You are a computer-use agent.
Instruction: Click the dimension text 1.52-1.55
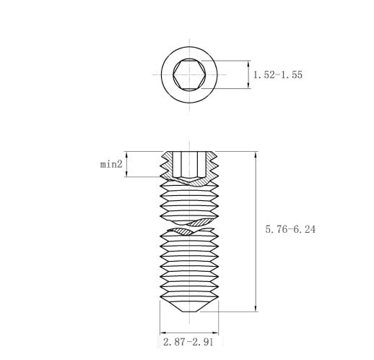pos(278,74)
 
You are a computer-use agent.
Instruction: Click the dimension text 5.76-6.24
pos(290,229)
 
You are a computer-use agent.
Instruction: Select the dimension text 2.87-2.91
pos(188,342)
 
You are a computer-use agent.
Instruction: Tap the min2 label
pos(111,164)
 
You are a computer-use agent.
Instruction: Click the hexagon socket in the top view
pos(189,74)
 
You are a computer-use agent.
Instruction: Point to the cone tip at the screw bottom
pos(189,312)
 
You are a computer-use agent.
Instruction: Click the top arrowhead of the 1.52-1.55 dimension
pos(249,64)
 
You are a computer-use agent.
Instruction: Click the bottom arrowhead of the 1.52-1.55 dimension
pos(249,85)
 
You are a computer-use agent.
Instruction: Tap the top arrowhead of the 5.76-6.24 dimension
pos(256,155)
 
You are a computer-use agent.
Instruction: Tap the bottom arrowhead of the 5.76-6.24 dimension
pos(256,309)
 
